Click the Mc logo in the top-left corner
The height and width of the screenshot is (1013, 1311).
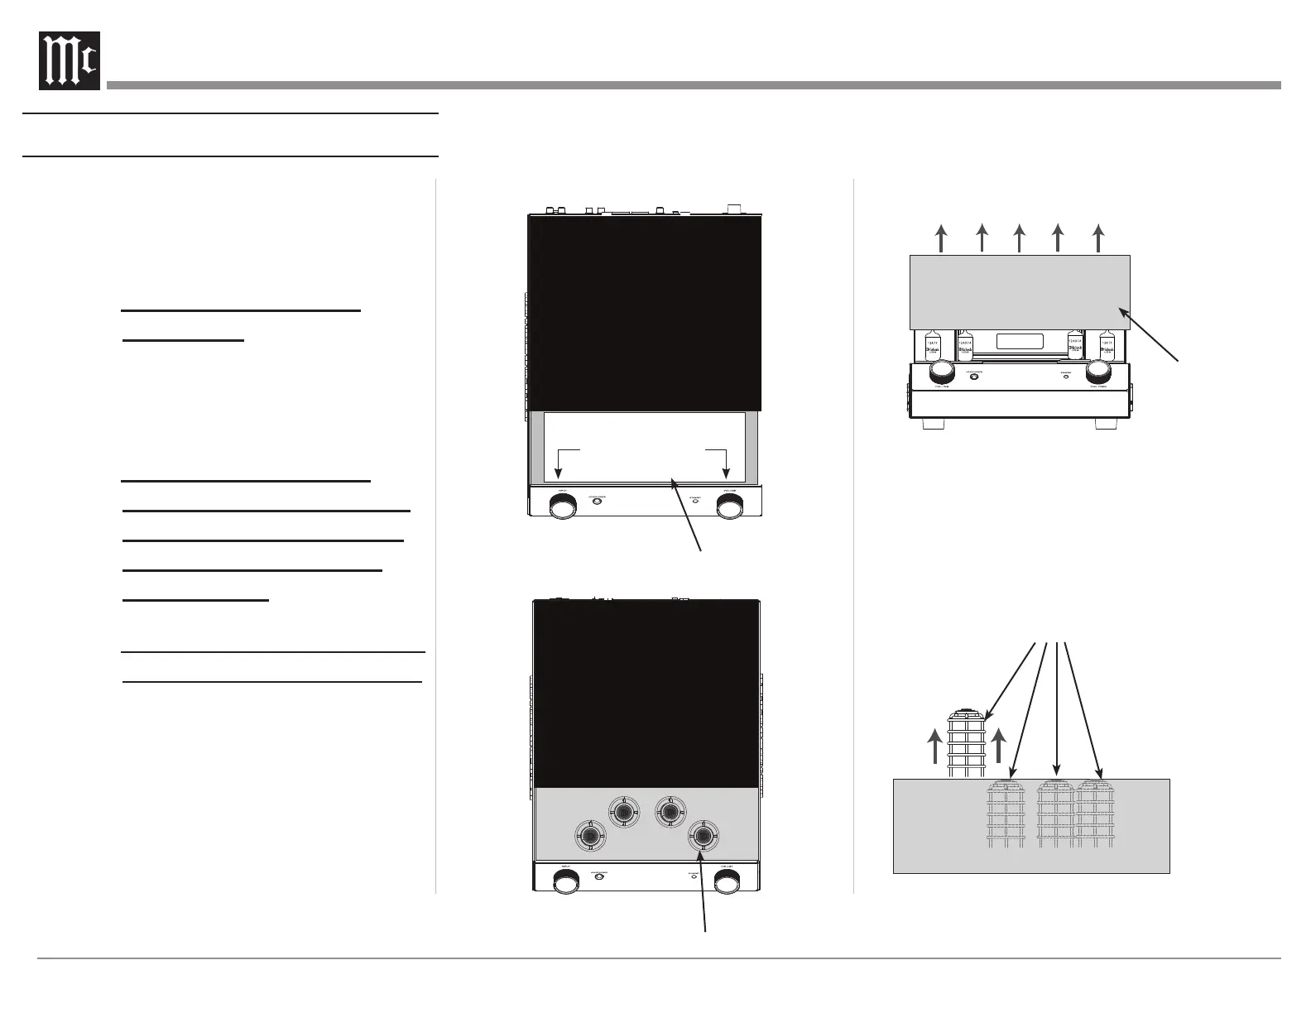pos(70,60)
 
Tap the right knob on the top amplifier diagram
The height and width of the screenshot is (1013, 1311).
pos(728,506)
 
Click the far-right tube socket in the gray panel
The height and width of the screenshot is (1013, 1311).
pos(703,836)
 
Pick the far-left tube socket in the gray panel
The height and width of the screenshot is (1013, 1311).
pos(590,836)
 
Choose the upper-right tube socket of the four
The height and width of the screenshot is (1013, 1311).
pos(670,811)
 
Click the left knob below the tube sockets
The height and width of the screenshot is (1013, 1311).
pos(564,885)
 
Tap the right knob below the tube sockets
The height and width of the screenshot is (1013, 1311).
pos(728,885)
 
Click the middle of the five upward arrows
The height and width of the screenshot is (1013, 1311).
pos(1019,238)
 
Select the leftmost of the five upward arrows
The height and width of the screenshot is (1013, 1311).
pos(941,238)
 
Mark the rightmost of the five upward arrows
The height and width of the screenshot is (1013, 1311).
pos(1097,238)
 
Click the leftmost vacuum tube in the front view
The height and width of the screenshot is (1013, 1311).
pos(932,347)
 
